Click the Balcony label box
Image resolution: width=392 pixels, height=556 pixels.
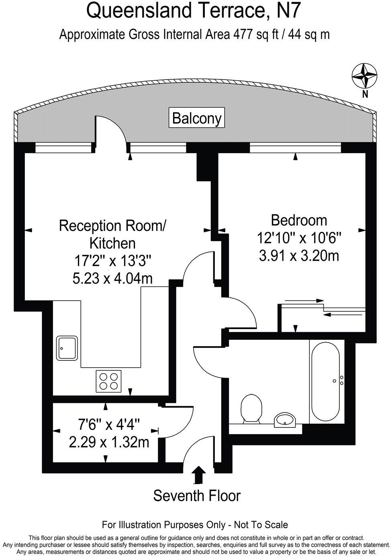pyautogui.click(x=196, y=117)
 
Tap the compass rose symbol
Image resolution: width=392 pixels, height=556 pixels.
pyautogui.click(x=364, y=76)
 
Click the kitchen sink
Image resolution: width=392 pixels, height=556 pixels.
pyautogui.click(x=67, y=348)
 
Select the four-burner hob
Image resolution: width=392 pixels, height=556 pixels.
pyautogui.click(x=108, y=382)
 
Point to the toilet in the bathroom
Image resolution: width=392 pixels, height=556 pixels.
pyautogui.click(x=251, y=409)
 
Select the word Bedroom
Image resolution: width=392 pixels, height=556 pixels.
pyautogui.click(x=299, y=220)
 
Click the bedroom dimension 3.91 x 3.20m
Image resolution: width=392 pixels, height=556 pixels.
pyautogui.click(x=299, y=256)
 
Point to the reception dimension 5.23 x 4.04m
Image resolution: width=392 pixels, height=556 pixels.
pyautogui.click(x=112, y=278)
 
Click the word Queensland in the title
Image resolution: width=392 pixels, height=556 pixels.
pyautogui.click(x=139, y=11)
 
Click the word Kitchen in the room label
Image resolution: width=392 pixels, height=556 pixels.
pyautogui.click(x=112, y=243)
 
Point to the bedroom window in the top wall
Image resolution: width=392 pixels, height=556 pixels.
pyautogui.click(x=295, y=149)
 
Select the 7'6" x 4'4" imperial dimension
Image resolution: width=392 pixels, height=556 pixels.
pyautogui.click(x=109, y=425)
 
